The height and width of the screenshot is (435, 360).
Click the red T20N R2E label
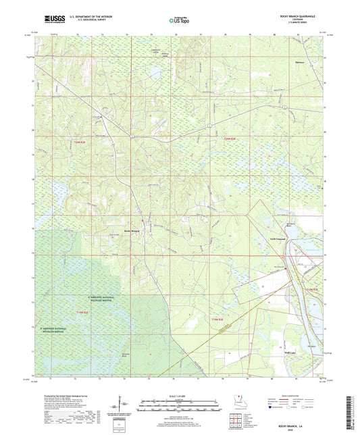point(80,142)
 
